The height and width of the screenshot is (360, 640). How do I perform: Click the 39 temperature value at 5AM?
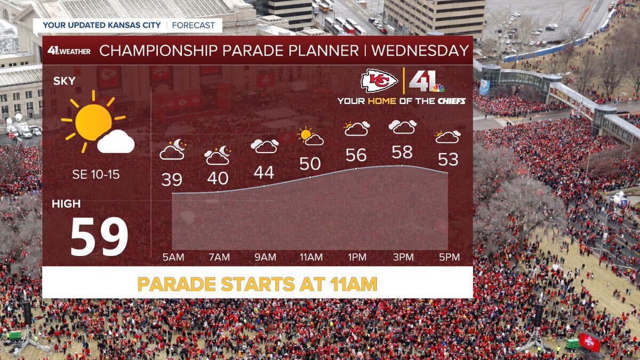(172, 180)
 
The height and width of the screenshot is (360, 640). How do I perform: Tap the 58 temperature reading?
(402, 152)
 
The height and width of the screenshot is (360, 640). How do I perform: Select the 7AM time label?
(219, 258)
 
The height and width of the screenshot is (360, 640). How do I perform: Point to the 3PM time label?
(403, 258)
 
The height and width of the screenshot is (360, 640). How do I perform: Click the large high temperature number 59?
(99, 237)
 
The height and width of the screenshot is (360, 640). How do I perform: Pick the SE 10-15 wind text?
(96, 174)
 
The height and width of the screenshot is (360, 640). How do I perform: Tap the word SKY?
(64, 82)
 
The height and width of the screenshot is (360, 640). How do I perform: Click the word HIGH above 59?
(67, 204)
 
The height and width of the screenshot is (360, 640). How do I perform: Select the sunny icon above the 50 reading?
(310, 137)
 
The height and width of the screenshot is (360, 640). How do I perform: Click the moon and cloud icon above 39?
(172, 150)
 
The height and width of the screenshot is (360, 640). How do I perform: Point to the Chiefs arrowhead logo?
(379, 81)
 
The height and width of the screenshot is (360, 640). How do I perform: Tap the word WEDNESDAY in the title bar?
(420, 51)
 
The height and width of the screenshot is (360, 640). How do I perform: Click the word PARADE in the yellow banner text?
(177, 284)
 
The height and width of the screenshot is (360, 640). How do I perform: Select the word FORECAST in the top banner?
(194, 25)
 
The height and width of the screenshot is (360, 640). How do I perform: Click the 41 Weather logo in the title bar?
(69, 51)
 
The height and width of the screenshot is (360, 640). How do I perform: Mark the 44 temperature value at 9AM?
(264, 172)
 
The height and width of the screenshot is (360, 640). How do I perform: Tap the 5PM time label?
(449, 258)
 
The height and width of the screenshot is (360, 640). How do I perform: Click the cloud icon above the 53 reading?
(448, 137)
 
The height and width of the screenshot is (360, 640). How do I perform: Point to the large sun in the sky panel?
(93, 122)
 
